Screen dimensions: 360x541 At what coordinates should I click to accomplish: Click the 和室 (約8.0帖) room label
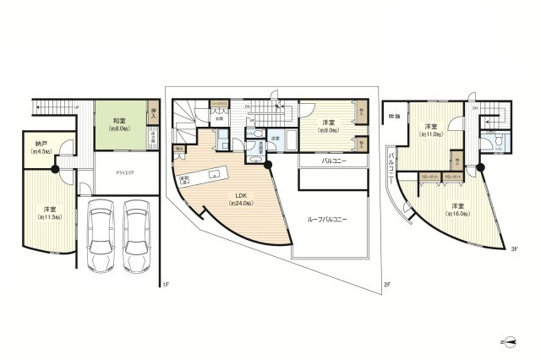pyautogui.click(x=118, y=124)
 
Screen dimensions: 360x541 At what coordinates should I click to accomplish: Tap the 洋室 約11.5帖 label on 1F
pyautogui.click(x=51, y=212)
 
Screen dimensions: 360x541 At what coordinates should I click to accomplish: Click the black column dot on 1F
pyautogui.click(x=55, y=169)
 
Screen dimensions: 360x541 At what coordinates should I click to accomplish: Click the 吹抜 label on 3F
pyautogui.click(x=394, y=115)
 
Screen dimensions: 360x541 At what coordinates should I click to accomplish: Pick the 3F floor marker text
pyautogui.click(x=513, y=248)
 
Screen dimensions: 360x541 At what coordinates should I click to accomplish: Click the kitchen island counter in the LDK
pyautogui.click(x=202, y=176)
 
